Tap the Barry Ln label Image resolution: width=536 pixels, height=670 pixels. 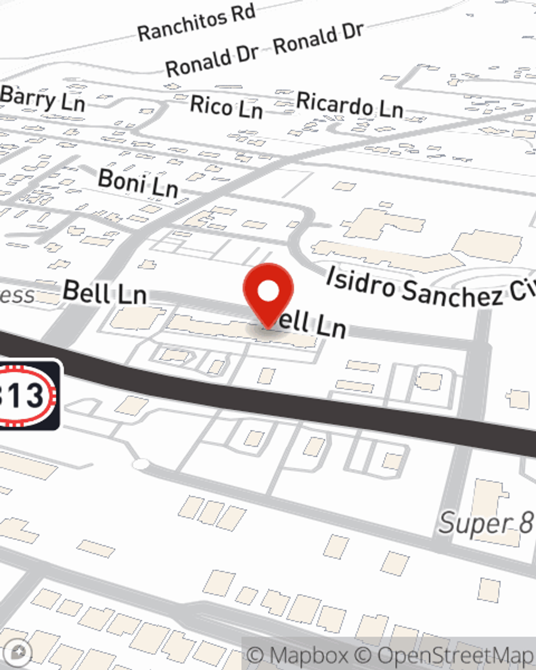click(x=43, y=99)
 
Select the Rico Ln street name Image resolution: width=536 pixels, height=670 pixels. click(x=226, y=106)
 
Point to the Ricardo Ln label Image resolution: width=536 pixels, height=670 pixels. click(x=349, y=104)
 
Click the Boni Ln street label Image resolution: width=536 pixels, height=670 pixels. click(x=138, y=183)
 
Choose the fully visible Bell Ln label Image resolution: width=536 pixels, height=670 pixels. click(x=105, y=292)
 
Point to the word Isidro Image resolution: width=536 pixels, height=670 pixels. click(x=361, y=281)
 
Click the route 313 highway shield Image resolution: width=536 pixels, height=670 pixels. click(x=24, y=395)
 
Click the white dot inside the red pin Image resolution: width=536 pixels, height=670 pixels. click(x=268, y=291)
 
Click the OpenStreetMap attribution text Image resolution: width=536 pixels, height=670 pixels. click(x=455, y=656)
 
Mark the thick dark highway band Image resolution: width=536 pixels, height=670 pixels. click(x=322, y=407)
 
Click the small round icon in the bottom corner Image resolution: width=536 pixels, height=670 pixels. click(x=20, y=652)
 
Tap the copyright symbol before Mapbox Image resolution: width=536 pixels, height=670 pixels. click(x=256, y=656)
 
